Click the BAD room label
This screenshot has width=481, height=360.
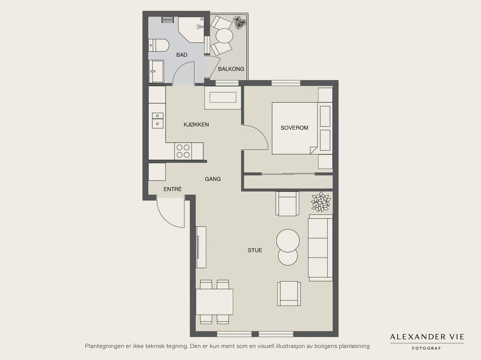tap(182, 55)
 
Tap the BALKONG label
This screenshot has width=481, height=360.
tap(231, 69)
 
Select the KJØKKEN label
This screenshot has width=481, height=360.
tap(196, 125)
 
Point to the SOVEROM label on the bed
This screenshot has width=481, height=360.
tap(294, 128)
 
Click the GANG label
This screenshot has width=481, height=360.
tap(213, 179)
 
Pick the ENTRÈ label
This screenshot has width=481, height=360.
tap(173, 189)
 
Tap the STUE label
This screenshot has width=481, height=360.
tap(255, 250)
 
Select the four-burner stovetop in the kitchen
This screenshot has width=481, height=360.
tap(183, 151)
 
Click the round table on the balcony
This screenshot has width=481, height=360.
tap(224, 36)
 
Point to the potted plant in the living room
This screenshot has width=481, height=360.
tap(321, 202)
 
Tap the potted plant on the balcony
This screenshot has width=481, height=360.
tap(240, 22)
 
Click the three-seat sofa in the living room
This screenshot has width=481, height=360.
tap(320, 248)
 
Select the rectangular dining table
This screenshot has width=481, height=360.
tap(214, 302)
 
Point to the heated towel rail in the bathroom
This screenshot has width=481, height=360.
tap(168, 20)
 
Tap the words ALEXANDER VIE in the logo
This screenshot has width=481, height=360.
tap(427, 337)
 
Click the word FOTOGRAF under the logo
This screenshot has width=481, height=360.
tap(426, 348)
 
